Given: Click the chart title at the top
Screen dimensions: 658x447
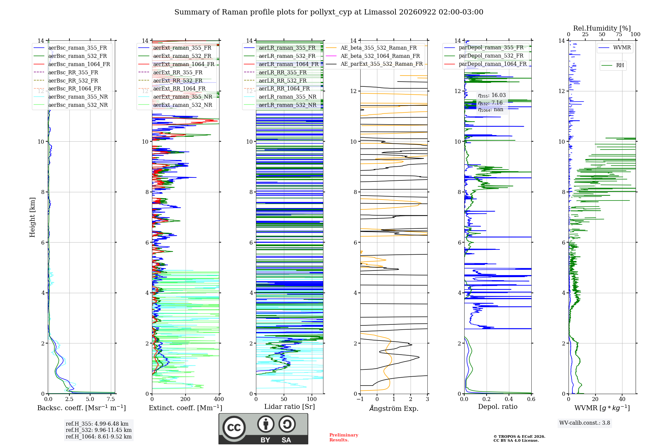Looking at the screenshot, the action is point(329,12).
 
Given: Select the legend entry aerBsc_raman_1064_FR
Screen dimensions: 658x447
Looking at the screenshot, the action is point(79,64).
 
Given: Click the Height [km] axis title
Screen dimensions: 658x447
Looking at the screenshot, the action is point(32,217).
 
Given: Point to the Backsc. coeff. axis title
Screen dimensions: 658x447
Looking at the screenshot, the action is point(82,408).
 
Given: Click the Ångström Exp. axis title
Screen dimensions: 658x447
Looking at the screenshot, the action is point(394,408).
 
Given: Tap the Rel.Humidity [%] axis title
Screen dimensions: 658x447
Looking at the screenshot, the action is point(602,28).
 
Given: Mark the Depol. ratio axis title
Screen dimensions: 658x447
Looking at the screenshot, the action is point(498,407).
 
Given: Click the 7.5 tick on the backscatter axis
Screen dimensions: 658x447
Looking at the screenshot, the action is point(111,399).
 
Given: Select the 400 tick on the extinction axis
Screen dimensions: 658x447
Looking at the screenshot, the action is point(219,399).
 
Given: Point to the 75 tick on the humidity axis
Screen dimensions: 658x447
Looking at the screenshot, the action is point(619,35).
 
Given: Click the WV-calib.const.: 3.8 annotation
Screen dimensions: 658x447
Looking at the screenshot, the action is point(585,423).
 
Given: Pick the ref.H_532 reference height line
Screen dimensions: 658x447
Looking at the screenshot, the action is point(99,430).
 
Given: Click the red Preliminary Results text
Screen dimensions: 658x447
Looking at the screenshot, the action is point(344,437).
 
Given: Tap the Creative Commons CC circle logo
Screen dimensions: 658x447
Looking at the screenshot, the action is point(234,428).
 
